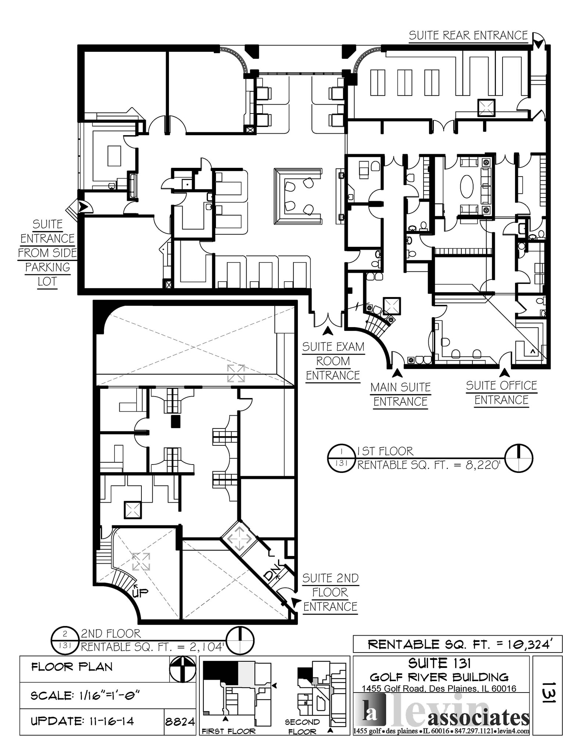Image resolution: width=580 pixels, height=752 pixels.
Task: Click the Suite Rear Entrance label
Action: [x=468, y=36]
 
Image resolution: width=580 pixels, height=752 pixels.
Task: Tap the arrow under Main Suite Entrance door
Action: [x=397, y=373]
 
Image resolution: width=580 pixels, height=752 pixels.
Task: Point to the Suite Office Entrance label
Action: [x=501, y=393]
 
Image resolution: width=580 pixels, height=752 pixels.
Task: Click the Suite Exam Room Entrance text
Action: [x=333, y=361]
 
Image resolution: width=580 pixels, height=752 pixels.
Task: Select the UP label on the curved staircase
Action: [x=140, y=592]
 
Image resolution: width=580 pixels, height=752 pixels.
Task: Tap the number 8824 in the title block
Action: [x=180, y=722]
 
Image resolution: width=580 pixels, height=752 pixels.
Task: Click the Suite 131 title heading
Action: [x=439, y=664]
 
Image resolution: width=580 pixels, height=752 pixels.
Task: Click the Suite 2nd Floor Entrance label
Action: [x=330, y=592]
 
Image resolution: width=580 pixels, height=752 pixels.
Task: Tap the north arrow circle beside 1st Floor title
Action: [x=519, y=458]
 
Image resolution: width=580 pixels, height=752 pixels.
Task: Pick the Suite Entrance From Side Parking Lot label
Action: [x=47, y=253]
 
